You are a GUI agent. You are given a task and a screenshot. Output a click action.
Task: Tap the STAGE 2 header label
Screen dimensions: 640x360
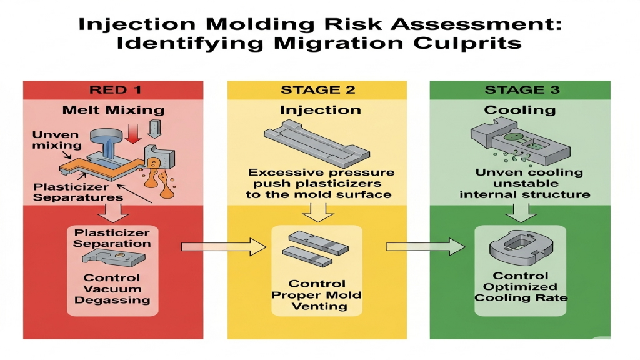tap(318, 90)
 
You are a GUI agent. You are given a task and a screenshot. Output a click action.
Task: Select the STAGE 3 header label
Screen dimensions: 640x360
tap(522, 90)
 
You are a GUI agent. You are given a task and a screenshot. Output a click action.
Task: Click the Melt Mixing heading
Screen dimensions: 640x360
tap(114, 110)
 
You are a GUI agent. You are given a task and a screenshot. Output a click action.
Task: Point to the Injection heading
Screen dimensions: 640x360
tap(321, 110)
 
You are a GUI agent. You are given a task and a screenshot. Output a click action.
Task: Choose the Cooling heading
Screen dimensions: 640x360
tap(520, 110)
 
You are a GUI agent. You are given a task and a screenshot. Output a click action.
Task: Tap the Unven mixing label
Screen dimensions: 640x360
tap(57, 140)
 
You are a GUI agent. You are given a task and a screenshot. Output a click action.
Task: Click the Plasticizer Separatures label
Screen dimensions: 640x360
tap(78, 192)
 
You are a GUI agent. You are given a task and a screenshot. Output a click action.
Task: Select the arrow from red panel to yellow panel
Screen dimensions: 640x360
tap(224, 246)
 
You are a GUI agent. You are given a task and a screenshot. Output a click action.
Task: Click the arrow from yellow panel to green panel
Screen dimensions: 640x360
tap(426, 246)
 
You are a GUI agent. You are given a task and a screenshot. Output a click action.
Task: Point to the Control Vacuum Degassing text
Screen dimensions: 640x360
tap(112, 289)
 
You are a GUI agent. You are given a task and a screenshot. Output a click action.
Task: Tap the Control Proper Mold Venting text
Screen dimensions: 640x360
tap(316, 295)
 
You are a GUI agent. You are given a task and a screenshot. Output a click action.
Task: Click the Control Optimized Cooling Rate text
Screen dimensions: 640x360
tap(521, 286)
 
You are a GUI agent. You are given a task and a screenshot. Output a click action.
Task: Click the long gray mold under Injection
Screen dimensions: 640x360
tap(317, 144)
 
